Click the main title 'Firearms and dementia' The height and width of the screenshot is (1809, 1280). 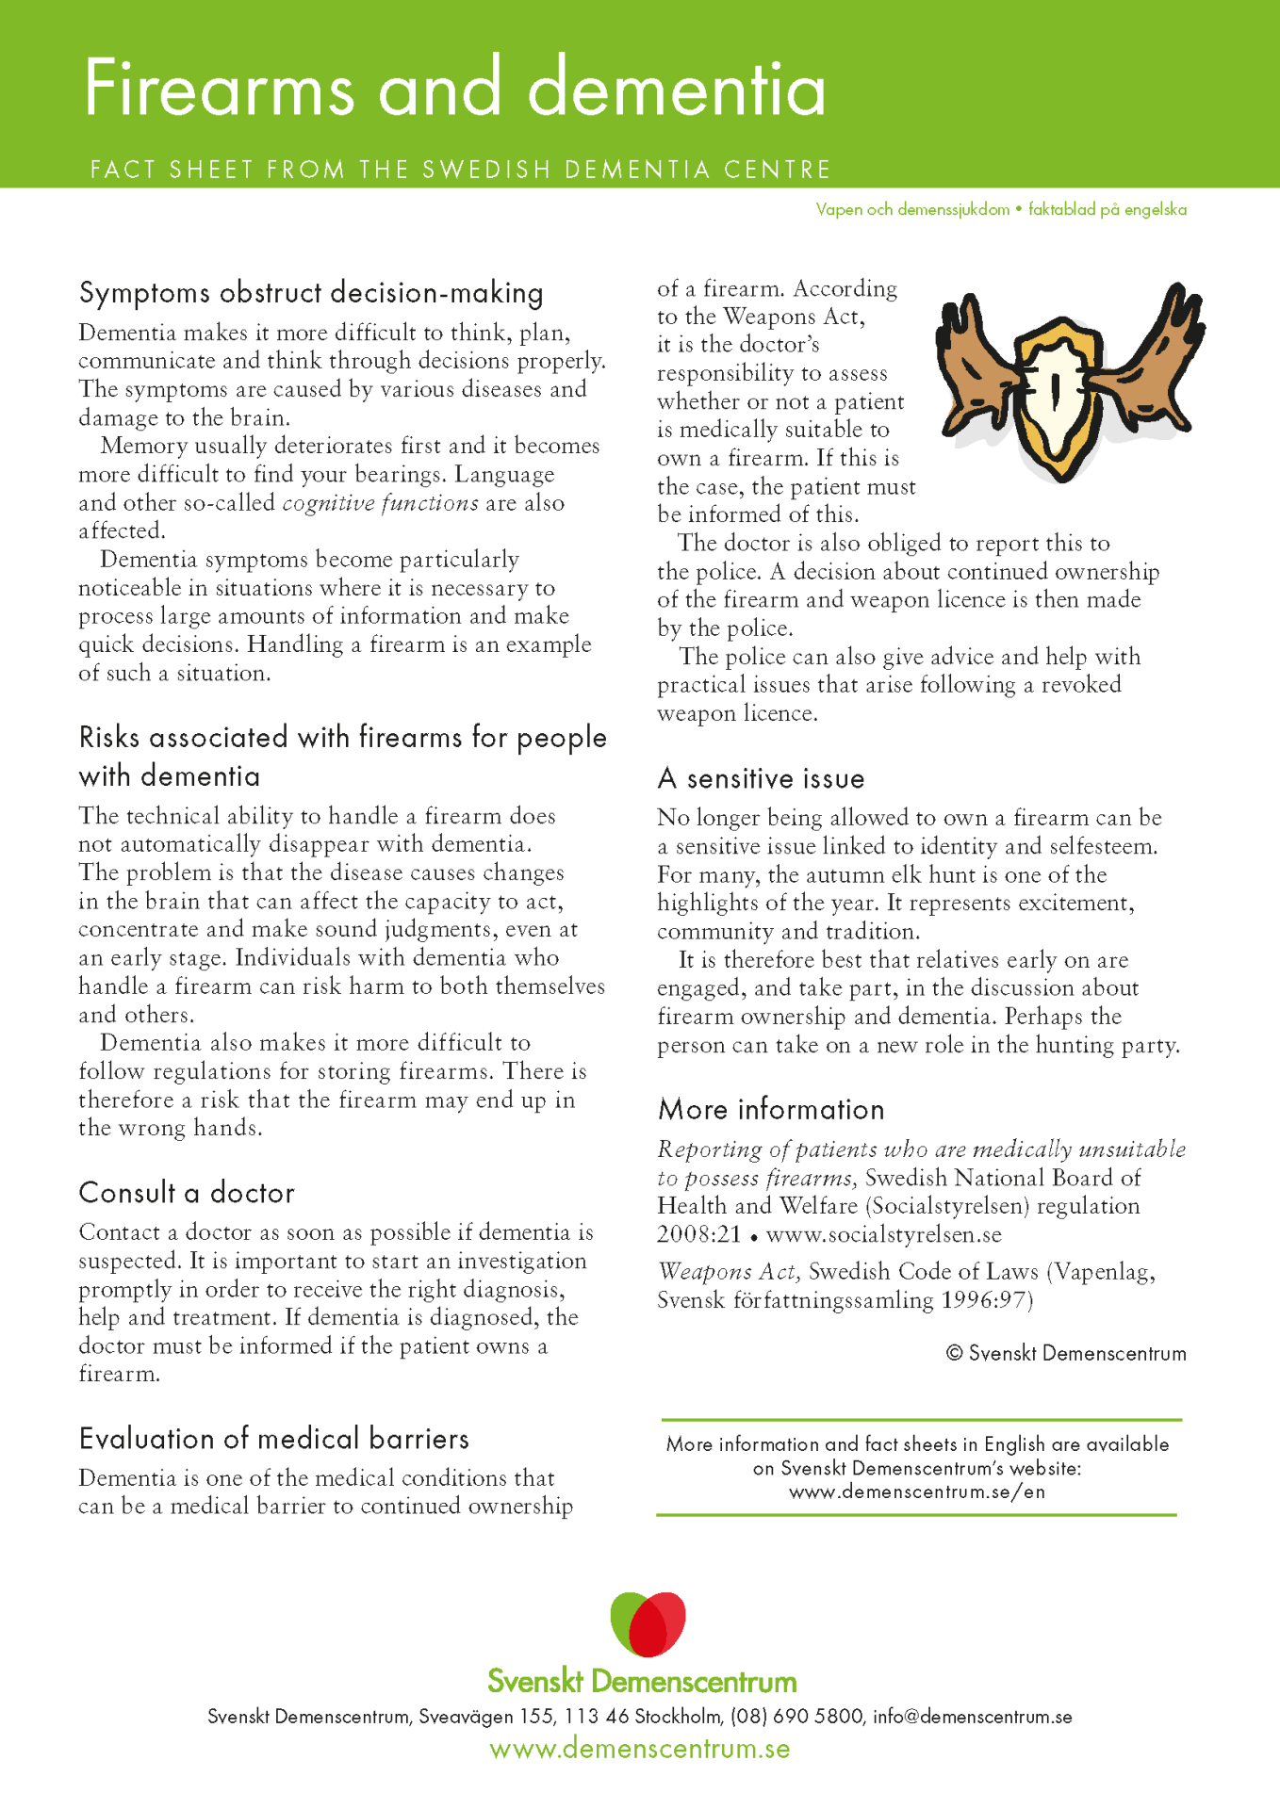pyautogui.click(x=454, y=89)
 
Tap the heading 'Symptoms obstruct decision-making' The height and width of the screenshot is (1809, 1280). pyautogui.click(x=311, y=293)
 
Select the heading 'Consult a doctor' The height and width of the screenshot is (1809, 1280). pyautogui.click(x=187, y=1193)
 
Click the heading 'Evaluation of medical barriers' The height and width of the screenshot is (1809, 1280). pyautogui.click(x=273, y=1439)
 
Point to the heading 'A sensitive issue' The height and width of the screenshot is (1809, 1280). pyautogui.click(x=761, y=779)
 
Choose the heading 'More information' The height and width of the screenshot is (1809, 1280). pyautogui.click(x=771, y=1110)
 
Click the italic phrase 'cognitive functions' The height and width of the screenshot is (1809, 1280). pyautogui.click(x=380, y=503)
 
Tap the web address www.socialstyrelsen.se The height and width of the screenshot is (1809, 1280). pyautogui.click(x=883, y=1234)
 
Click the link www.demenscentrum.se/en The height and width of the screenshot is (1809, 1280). pyautogui.click(x=916, y=1492)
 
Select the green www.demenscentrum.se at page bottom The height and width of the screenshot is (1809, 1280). pyautogui.click(x=640, y=1750)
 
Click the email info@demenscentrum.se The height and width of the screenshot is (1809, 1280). pyautogui.click(x=972, y=1717)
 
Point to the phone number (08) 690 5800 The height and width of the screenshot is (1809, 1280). pyautogui.click(x=797, y=1717)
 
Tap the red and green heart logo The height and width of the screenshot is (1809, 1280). pyautogui.click(x=648, y=1623)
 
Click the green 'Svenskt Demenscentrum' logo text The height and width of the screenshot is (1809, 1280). pyautogui.click(x=642, y=1681)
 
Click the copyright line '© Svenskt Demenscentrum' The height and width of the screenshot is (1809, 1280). pyautogui.click(x=1065, y=1354)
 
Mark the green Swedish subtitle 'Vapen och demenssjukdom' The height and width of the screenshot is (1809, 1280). pyautogui.click(x=912, y=209)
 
